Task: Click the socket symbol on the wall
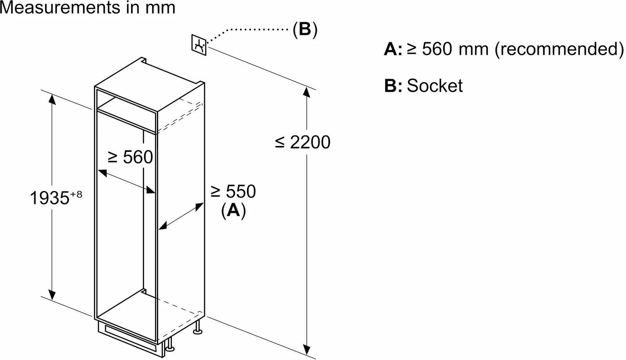(199, 44)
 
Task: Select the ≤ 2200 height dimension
(303, 142)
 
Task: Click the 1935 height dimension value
(49, 198)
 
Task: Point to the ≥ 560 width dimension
(130, 157)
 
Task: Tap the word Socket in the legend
(434, 86)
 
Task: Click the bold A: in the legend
(393, 50)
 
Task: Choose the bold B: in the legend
(393, 86)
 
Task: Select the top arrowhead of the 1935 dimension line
(52, 98)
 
